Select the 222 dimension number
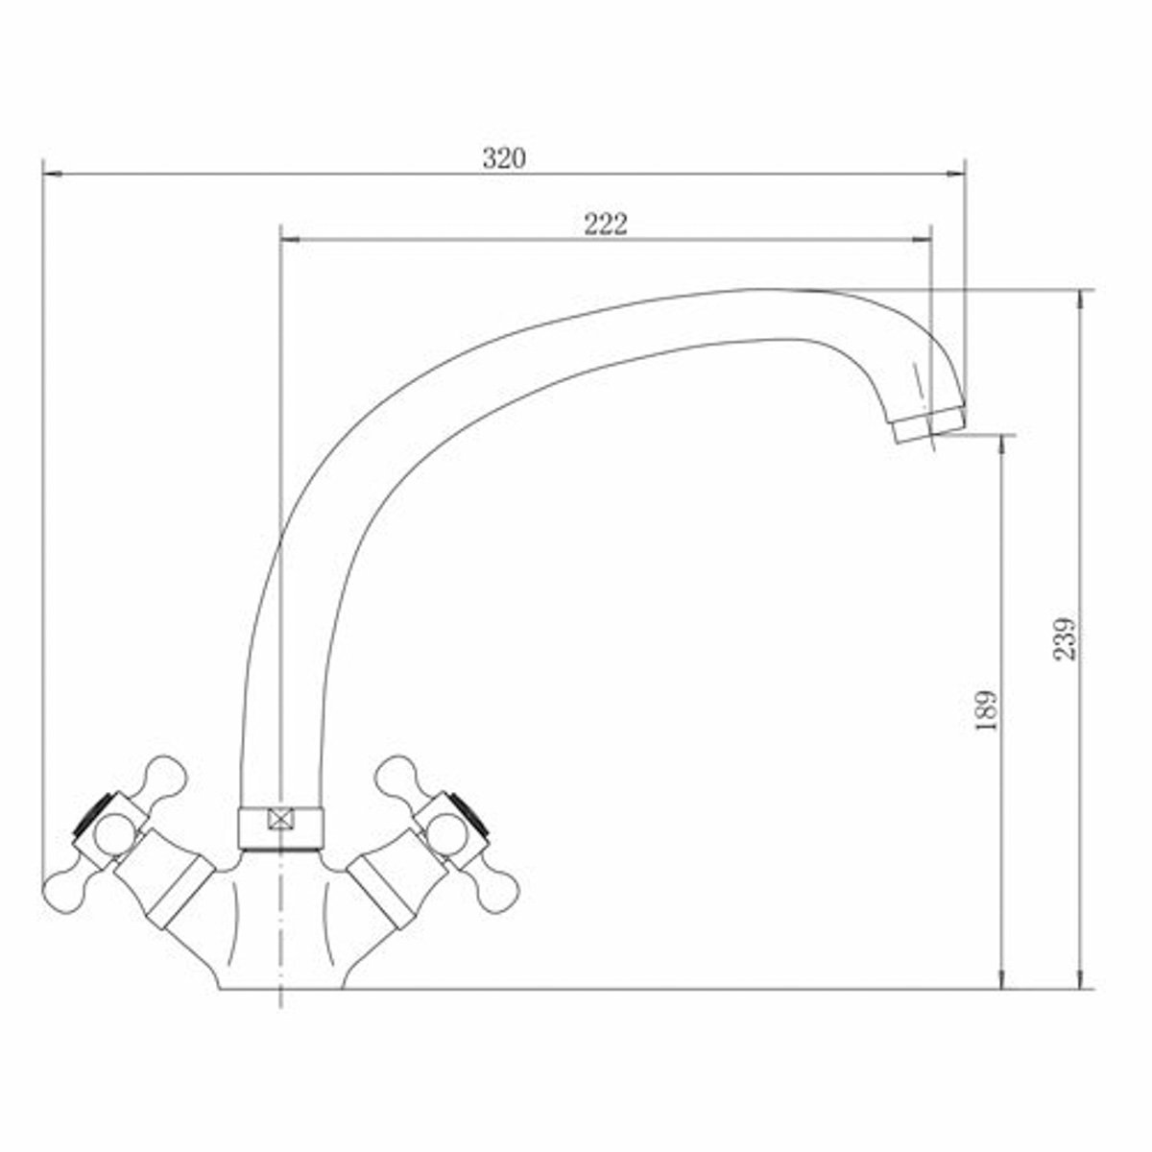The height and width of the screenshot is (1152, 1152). pyautogui.click(x=606, y=225)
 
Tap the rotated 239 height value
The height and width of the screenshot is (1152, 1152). pyautogui.click(x=1064, y=637)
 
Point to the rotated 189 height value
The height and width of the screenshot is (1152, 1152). pyautogui.click(x=987, y=710)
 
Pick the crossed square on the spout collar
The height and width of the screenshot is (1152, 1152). pyautogui.click(x=281, y=818)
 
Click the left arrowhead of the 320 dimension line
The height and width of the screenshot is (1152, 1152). pyautogui.click(x=53, y=175)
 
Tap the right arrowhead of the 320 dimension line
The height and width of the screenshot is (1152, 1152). pyautogui.click(x=956, y=175)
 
